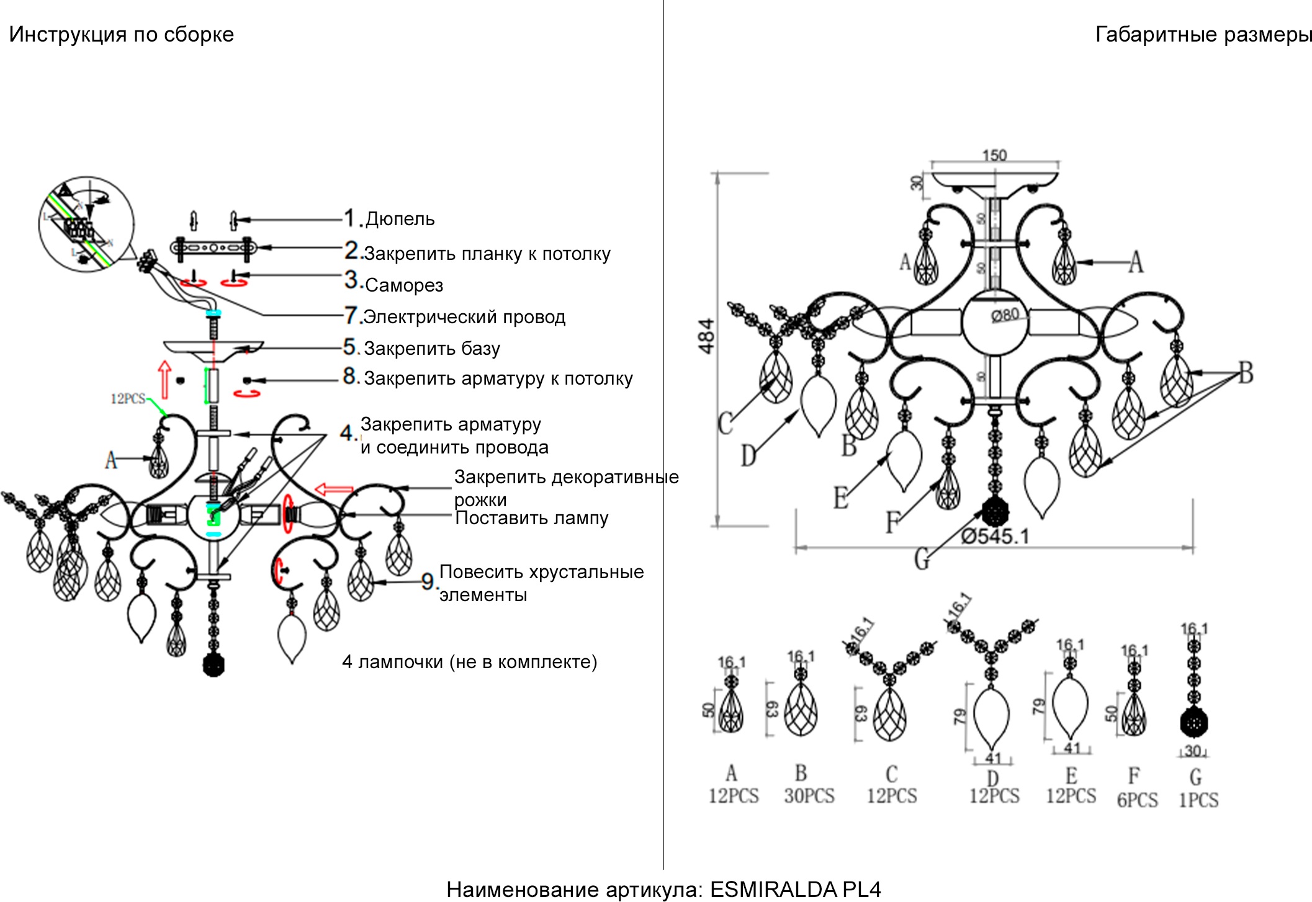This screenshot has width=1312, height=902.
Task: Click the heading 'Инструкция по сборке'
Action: (x=121, y=35)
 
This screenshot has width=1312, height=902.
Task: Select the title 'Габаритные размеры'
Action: (x=1203, y=35)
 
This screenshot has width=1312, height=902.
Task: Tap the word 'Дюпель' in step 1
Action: (x=400, y=219)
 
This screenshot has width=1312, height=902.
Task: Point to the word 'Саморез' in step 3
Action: (x=404, y=285)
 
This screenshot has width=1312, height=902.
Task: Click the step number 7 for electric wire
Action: (x=351, y=316)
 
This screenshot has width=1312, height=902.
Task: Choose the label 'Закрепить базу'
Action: (x=432, y=349)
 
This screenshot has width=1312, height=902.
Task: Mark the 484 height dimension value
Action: (x=707, y=336)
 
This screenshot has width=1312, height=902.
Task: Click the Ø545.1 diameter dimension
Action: (x=995, y=536)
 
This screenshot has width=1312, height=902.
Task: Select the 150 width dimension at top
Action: (x=994, y=155)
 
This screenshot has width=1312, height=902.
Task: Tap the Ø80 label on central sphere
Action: (x=1005, y=315)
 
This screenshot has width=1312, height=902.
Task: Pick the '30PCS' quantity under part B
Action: (x=809, y=796)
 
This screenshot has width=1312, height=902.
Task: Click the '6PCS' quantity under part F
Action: (x=1137, y=800)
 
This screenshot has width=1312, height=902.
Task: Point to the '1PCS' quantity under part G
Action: (x=1198, y=800)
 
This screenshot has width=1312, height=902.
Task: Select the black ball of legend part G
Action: (x=1193, y=722)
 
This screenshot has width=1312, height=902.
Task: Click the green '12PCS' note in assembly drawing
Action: (x=128, y=399)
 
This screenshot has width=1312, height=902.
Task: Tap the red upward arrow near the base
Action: (x=164, y=379)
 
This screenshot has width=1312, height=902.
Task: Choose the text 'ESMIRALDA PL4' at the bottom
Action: (x=795, y=890)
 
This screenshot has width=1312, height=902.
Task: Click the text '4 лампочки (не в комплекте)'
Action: (x=469, y=662)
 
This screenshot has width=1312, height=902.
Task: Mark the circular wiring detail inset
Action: (x=86, y=224)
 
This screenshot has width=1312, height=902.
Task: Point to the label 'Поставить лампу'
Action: (x=531, y=518)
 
